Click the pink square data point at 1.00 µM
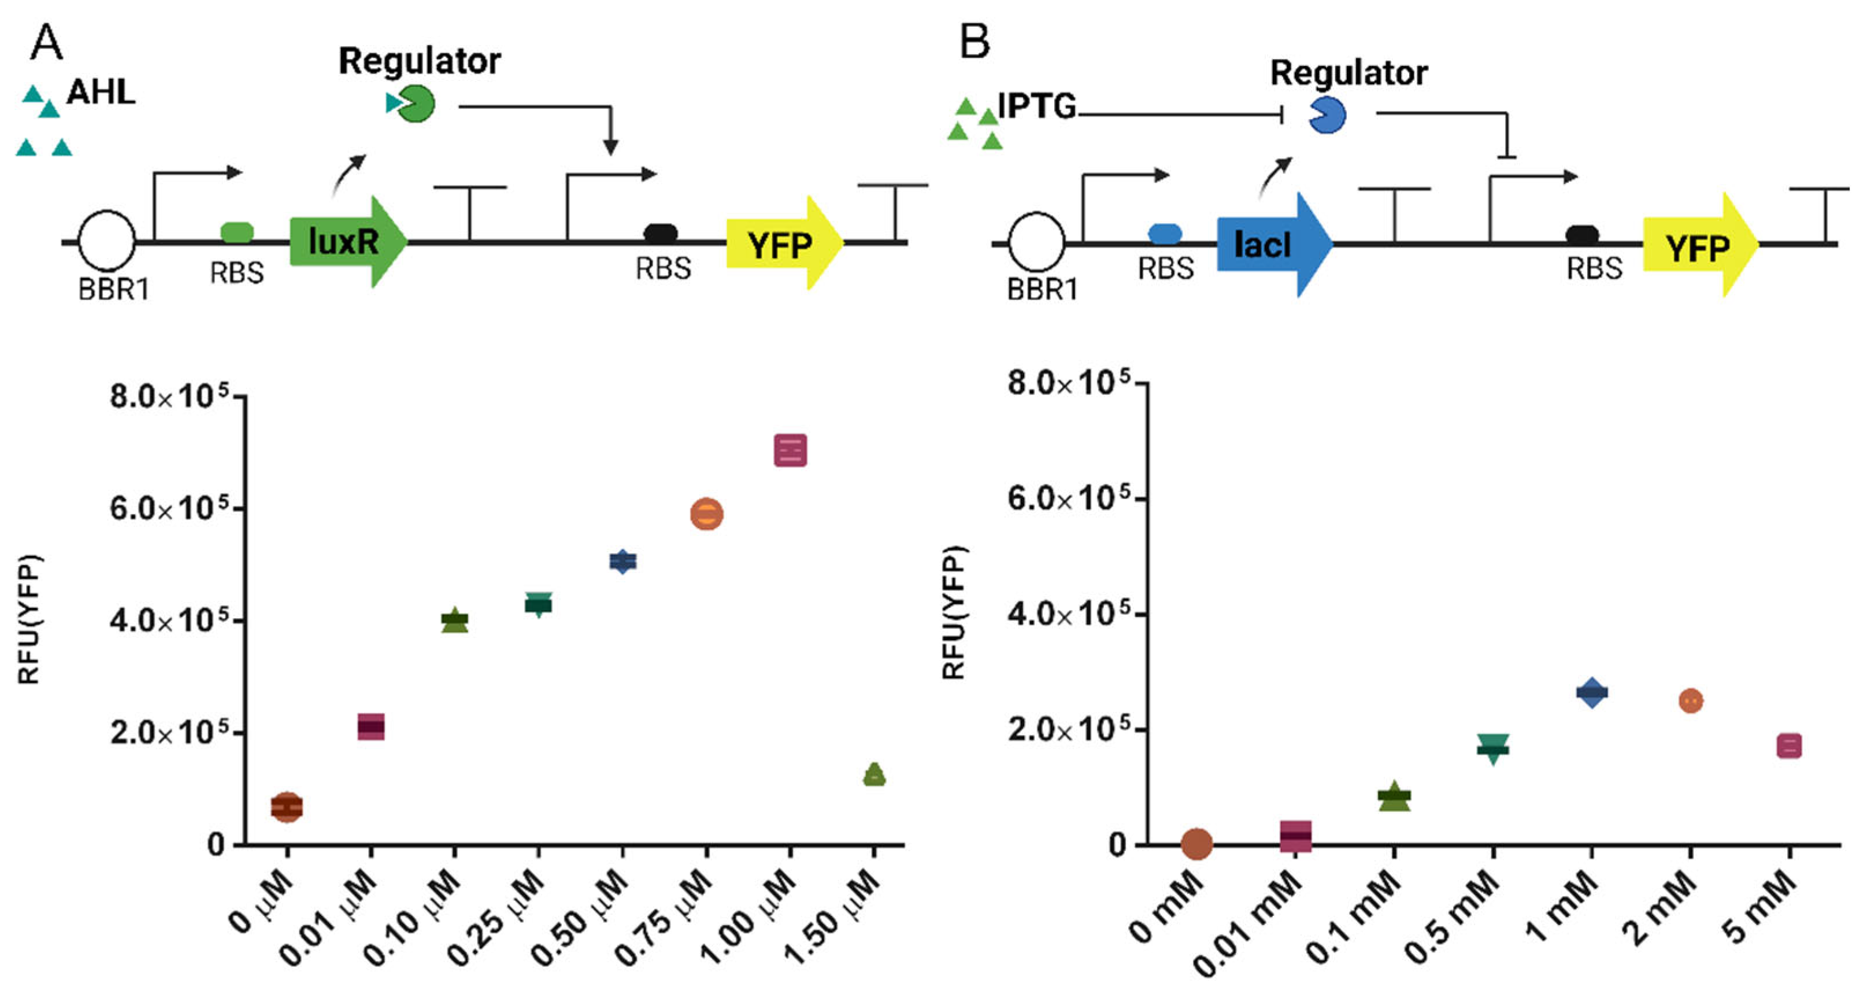click(790, 450)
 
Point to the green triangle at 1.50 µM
click(875, 775)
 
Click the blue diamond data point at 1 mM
click(1591, 692)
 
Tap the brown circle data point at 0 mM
click(1196, 843)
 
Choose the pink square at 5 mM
click(1789, 745)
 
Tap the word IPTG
click(1037, 107)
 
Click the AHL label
click(101, 93)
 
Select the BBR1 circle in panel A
click(107, 241)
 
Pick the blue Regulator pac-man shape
click(1327, 114)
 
